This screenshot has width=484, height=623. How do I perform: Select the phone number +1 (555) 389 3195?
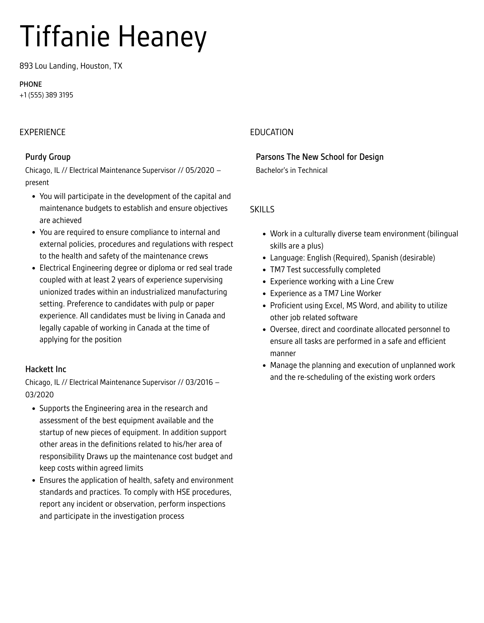(x=46, y=95)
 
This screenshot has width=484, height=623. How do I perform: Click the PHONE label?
(x=31, y=84)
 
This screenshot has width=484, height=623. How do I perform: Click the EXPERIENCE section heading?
(x=42, y=132)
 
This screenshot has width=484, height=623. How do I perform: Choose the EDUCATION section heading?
(x=271, y=132)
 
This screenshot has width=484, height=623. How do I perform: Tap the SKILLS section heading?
(x=262, y=209)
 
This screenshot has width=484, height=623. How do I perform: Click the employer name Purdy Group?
(x=48, y=157)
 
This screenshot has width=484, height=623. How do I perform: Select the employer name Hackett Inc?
(x=46, y=369)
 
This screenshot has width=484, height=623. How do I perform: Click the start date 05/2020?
(x=200, y=170)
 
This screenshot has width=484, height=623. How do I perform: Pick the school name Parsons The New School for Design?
(x=319, y=157)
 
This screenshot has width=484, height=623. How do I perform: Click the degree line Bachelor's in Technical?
(x=292, y=170)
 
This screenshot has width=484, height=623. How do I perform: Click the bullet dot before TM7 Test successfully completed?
(x=265, y=270)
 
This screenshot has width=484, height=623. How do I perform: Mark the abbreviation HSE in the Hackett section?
(x=183, y=492)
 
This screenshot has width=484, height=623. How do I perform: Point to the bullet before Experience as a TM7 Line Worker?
(x=265, y=294)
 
